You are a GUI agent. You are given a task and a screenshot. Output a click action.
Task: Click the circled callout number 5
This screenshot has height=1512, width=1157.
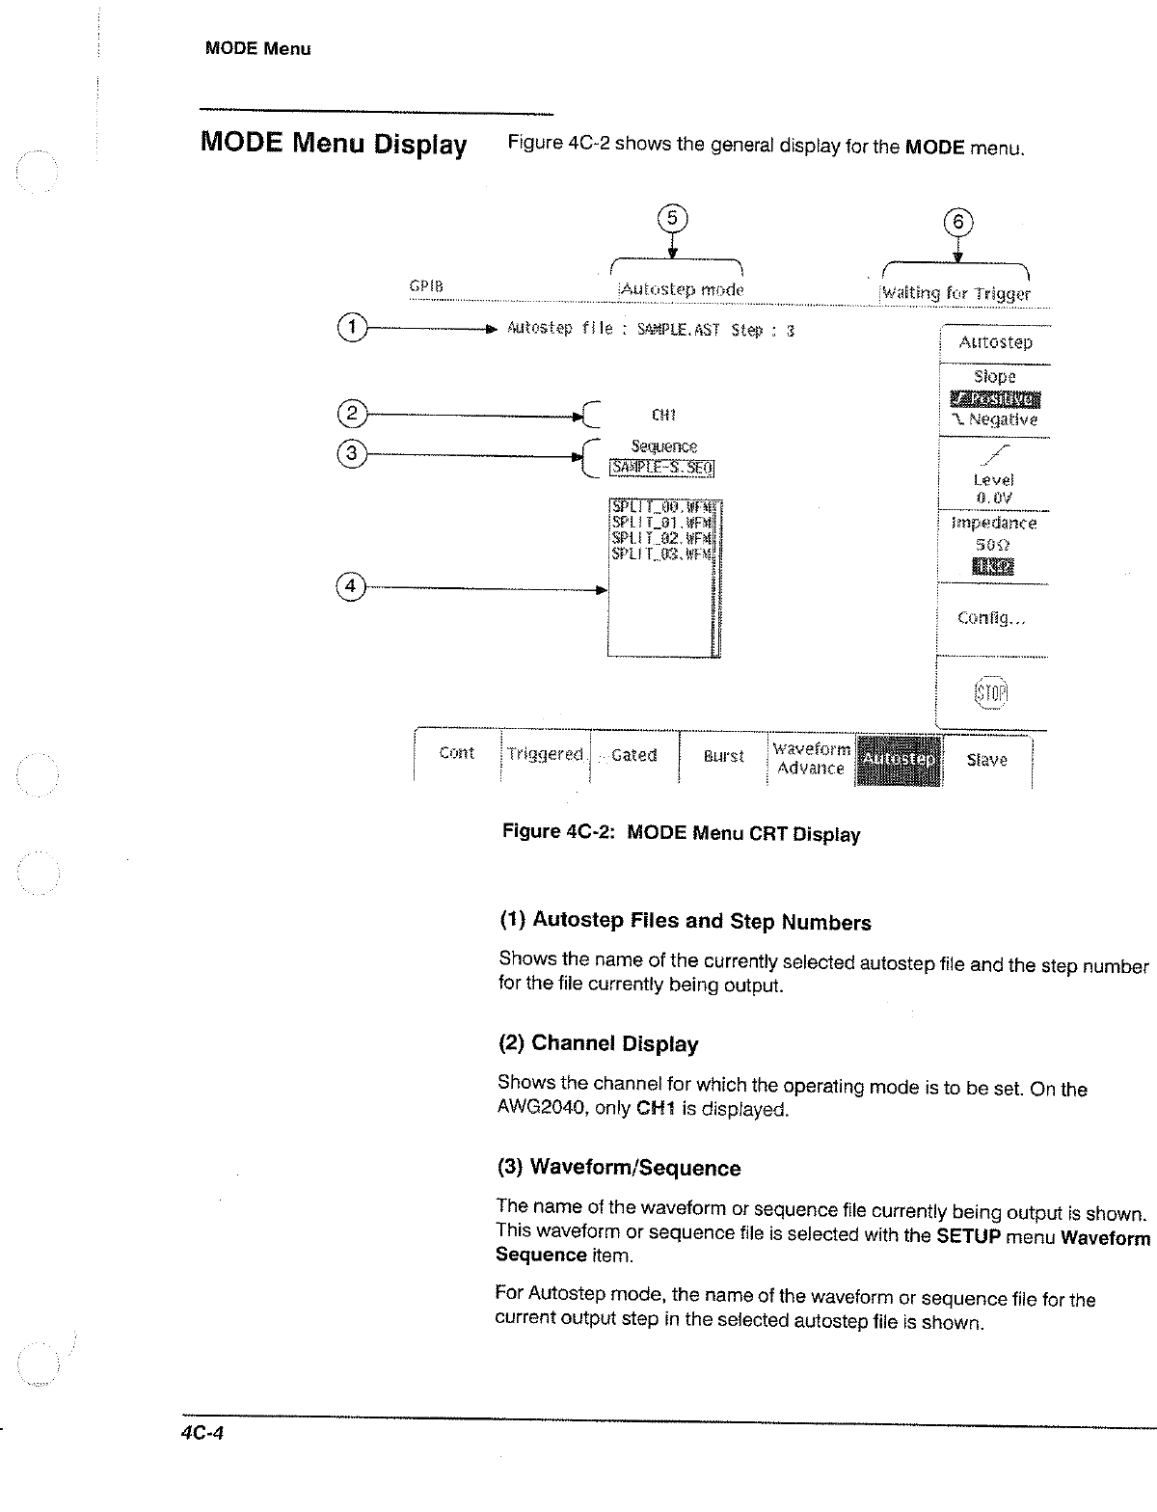click(x=673, y=218)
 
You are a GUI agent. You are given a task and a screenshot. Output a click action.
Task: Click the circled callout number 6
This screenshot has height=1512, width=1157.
click(x=958, y=222)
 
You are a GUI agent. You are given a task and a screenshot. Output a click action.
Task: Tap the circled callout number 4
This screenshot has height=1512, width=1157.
click(x=351, y=585)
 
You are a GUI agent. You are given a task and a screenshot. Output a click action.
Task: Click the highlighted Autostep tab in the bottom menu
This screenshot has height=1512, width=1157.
click(x=899, y=759)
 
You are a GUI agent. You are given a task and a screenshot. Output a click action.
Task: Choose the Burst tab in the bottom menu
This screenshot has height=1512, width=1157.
click(x=723, y=757)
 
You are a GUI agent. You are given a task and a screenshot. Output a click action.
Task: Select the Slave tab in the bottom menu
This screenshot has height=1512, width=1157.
click(x=986, y=760)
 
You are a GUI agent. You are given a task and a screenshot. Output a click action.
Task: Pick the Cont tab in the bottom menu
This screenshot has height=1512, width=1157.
click(x=456, y=753)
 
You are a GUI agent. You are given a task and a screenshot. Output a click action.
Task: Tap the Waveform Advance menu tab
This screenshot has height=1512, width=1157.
click(x=812, y=759)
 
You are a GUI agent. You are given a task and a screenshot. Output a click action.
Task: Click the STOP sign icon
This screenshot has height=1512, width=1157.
click(x=991, y=691)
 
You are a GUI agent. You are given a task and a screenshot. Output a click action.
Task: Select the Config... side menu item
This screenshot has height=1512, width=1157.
click(x=991, y=618)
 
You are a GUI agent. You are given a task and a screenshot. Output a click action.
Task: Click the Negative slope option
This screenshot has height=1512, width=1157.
click(x=994, y=420)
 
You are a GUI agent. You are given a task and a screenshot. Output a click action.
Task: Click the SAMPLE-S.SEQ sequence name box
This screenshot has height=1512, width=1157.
click(x=661, y=468)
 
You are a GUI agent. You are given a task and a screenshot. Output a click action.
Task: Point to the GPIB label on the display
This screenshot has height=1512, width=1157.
click(x=425, y=286)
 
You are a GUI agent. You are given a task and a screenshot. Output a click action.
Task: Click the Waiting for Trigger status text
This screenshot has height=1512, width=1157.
click(x=955, y=293)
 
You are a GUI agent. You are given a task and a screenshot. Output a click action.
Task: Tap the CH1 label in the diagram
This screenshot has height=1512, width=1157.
click(x=663, y=415)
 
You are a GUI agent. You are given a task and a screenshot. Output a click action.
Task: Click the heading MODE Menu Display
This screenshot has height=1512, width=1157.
click(x=334, y=144)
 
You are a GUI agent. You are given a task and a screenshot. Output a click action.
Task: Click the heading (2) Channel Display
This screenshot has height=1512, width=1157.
click(x=598, y=1043)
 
